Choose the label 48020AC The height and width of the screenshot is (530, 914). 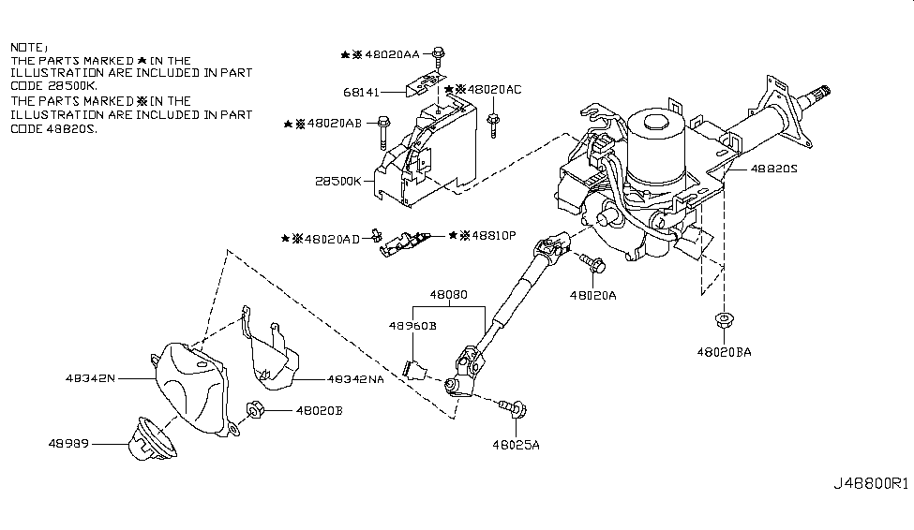495,90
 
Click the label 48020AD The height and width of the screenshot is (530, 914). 335,239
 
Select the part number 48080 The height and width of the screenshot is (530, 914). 448,293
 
